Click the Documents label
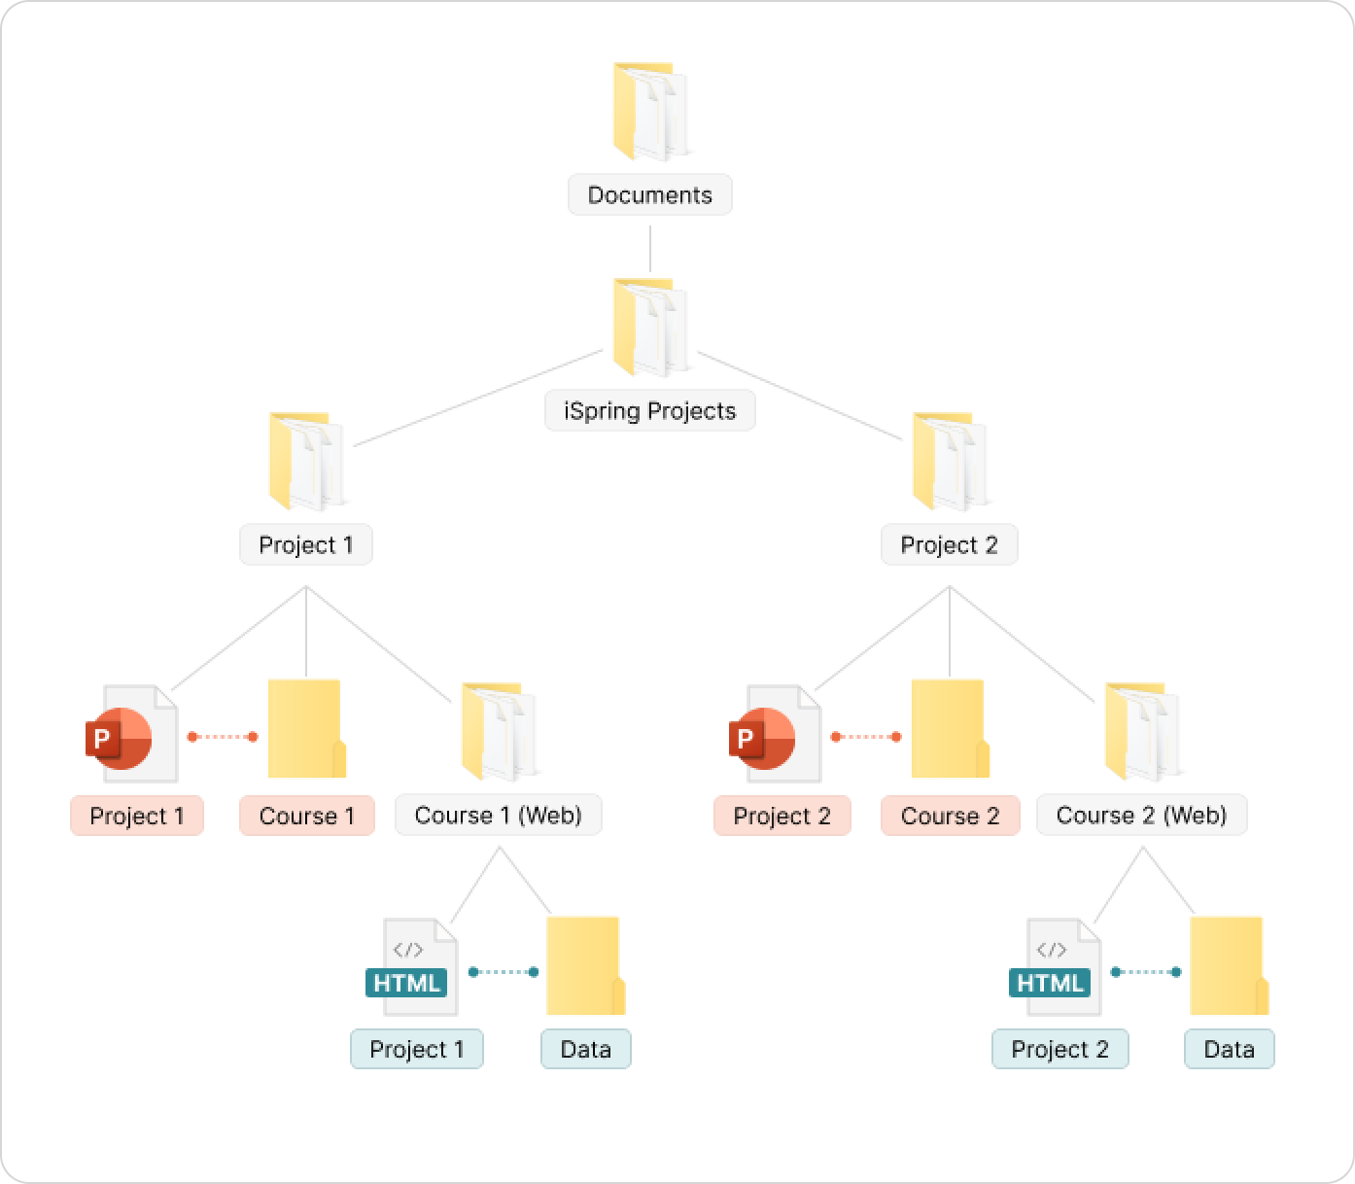(x=649, y=195)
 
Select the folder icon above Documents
(x=649, y=112)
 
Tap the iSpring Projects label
(x=649, y=411)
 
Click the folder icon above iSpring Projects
(x=649, y=328)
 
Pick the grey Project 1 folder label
(x=305, y=545)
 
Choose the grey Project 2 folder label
(x=949, y=545)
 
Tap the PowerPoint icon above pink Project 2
(x=775, y=734)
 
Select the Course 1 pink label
(x=306, y=816)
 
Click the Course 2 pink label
(x=950, y=816)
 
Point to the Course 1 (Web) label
(x=498, y=816)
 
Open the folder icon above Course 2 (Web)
(x=1143, y=732)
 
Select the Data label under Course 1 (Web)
(x=585, y=1050)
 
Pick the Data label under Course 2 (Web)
(x=1229, y=1050)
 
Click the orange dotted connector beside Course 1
(x=223, y=737)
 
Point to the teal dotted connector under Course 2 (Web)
(x=1145, y=972)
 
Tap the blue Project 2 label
(x=1060, y=1050)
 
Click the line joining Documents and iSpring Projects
(x=649, y=249)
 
